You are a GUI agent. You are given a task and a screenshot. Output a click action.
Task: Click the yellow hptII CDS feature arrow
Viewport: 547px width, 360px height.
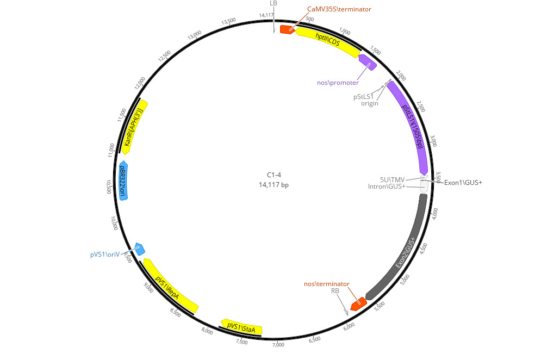[327, 41]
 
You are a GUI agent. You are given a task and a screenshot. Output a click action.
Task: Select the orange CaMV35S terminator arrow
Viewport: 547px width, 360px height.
[288, 30]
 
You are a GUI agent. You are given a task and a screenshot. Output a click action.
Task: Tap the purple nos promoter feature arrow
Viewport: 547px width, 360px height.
[368, 62]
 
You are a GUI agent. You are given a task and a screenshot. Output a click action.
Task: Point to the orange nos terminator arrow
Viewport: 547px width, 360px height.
[359, 304]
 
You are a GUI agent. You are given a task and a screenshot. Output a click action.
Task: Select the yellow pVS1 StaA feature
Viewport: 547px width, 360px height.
[241, 327]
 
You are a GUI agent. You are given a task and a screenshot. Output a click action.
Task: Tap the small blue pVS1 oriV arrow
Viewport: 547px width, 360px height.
[140, 249]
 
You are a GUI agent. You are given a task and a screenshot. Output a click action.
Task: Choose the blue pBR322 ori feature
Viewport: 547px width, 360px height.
[123, 181]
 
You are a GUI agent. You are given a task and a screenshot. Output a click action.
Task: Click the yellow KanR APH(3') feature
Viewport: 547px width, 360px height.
[134, 127]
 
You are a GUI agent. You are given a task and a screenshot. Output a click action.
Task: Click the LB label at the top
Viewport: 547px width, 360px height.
[273, 3]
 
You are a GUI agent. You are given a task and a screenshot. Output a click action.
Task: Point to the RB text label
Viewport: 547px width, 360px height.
[335, 290]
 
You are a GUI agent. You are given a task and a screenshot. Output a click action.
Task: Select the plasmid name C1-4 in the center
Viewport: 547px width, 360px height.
[274, 175]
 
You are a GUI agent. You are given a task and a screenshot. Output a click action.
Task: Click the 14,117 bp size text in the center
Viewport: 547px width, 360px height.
[274, 184]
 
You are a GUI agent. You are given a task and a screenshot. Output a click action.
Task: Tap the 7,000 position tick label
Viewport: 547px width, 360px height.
[278, 345]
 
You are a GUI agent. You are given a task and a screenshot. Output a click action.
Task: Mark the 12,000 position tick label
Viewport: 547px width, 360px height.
[140, 83]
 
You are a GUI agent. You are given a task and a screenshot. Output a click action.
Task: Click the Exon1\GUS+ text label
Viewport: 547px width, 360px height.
[463, 182]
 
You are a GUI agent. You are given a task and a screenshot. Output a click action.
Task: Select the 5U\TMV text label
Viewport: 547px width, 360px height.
[393, 179]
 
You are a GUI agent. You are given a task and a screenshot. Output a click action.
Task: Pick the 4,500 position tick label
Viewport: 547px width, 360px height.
[423, 249]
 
